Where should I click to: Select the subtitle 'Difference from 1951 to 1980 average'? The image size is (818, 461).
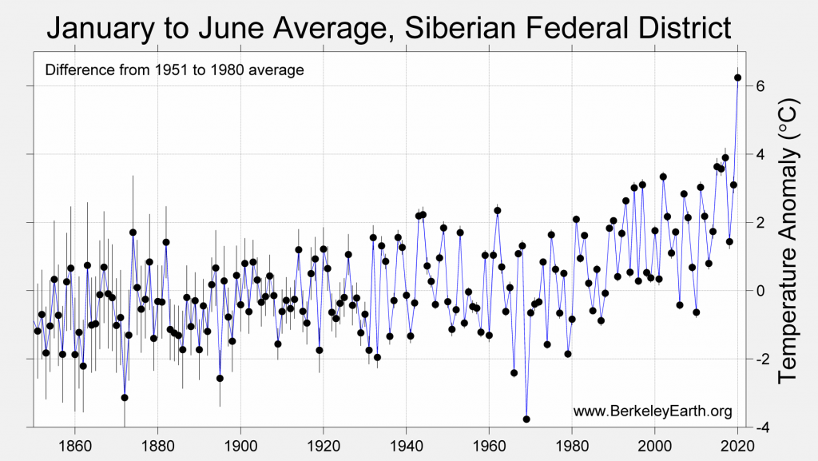[174, 70]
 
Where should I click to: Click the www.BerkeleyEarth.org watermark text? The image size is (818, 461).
[653, 411]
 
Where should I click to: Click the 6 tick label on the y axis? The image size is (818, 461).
[761, 85]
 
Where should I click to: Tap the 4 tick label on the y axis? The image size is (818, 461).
[761, 153]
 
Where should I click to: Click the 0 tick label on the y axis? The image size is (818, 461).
[761, 291]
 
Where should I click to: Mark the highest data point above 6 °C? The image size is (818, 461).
[737, 77]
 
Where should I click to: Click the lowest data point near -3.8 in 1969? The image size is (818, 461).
[526, 419]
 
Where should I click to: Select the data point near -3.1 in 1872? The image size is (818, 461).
[125, 397]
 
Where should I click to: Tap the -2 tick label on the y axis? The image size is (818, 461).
[758, 359]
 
